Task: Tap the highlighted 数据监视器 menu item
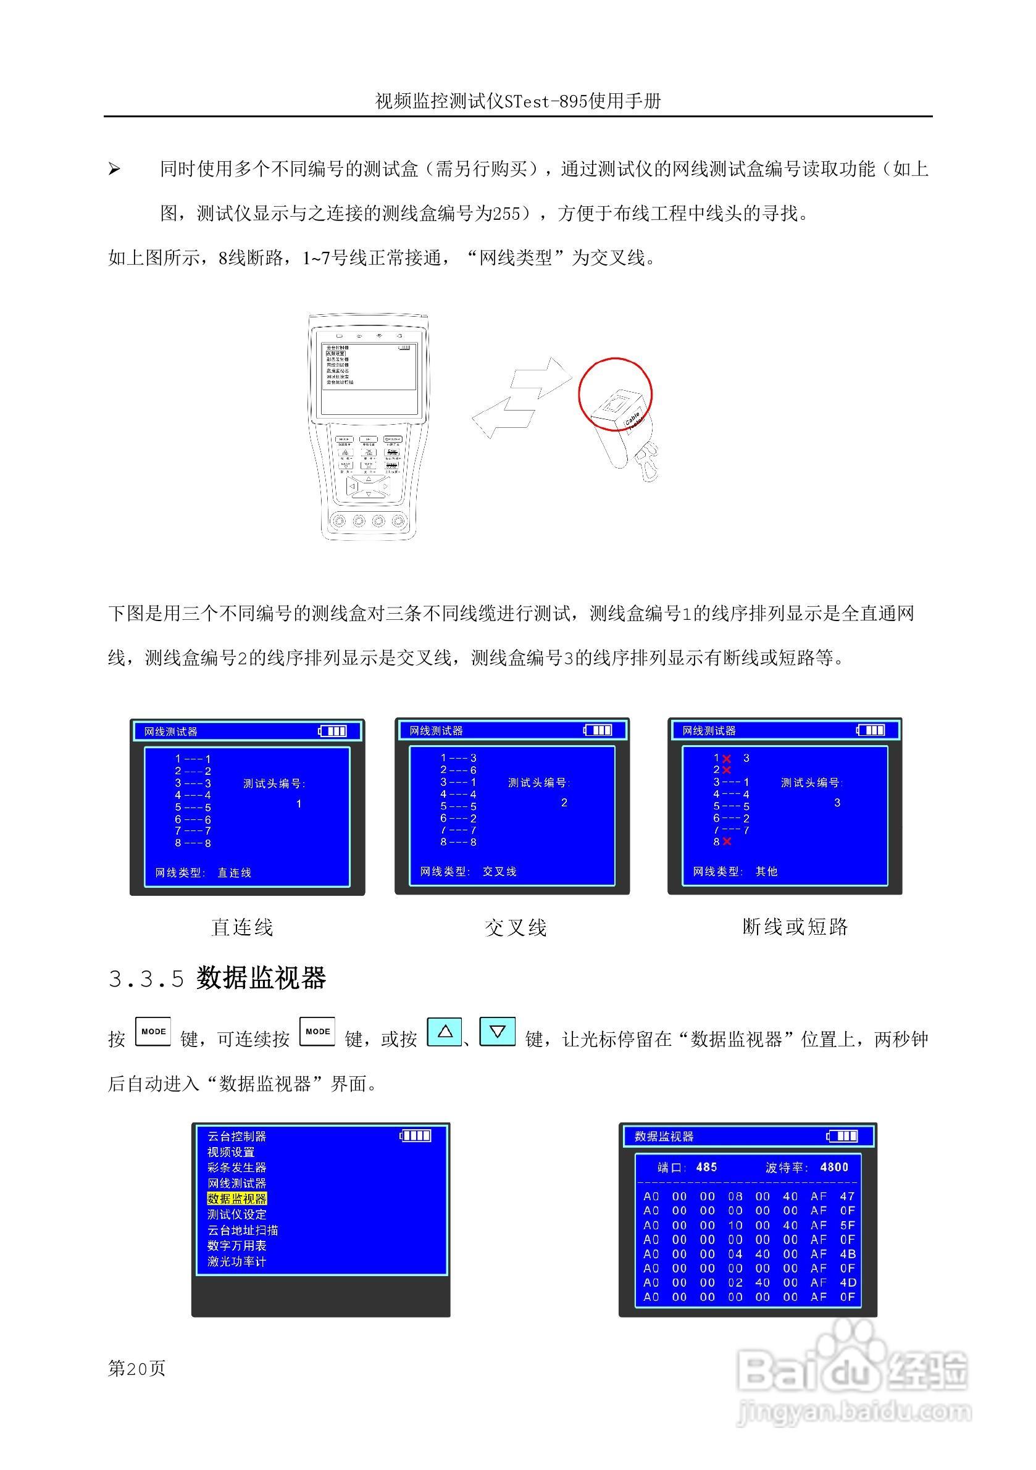tap(236, 1198)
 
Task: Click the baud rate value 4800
tap(833, 1167)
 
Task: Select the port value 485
tap(706, 1167)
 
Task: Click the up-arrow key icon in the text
tap(445, 1032)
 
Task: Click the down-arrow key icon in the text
tap(497, 1032)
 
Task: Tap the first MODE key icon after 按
tap(153, 1032)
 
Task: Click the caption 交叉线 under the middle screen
tap(516, 928)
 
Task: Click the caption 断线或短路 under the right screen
tap(795, 927)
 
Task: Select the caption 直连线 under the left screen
tap(242, 928)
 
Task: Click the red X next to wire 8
tap(727, 842)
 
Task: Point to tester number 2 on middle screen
tap(564, 803)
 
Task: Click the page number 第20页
tap(136, 1368)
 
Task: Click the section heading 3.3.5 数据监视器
tap(217, 979)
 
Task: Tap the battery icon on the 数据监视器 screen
tap(842, 1136)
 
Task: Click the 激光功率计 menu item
tap(236, 1261)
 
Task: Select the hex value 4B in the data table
tap(847, 1253)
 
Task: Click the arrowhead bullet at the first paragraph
tap(114, 170)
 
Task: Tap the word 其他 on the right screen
tap(766, 871)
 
